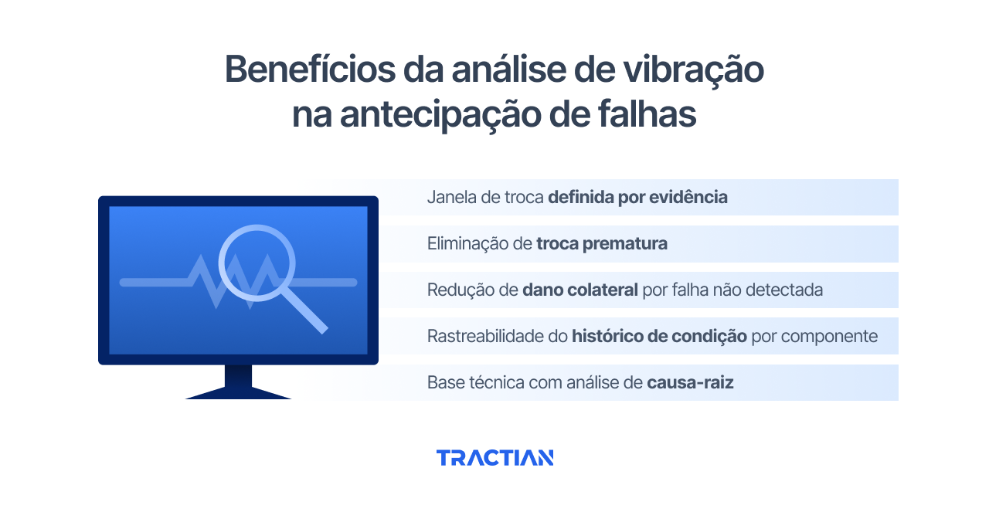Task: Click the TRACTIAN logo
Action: pos(494,458)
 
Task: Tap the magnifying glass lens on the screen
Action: pos(257,262)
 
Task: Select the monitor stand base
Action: pos(238,393)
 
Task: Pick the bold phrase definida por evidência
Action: pos(637,198)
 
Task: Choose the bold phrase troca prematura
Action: pos(602,244)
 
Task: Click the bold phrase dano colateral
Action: pos(580,290)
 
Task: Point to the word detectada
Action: pos(787,290)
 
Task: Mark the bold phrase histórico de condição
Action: pos(659,337)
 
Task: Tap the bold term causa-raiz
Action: pos(690,382)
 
